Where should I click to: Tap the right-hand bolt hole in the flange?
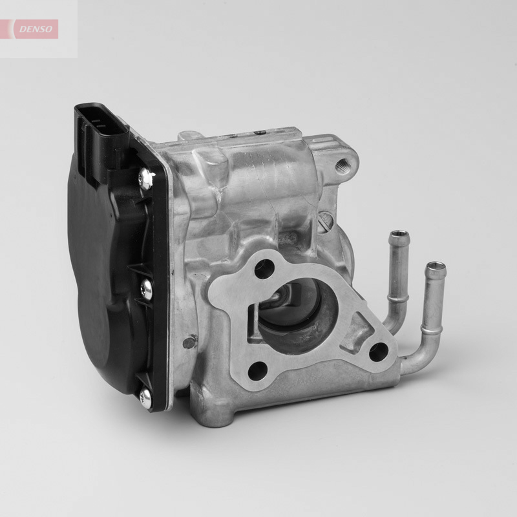(377, 353)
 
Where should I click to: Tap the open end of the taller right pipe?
(438, 266)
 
